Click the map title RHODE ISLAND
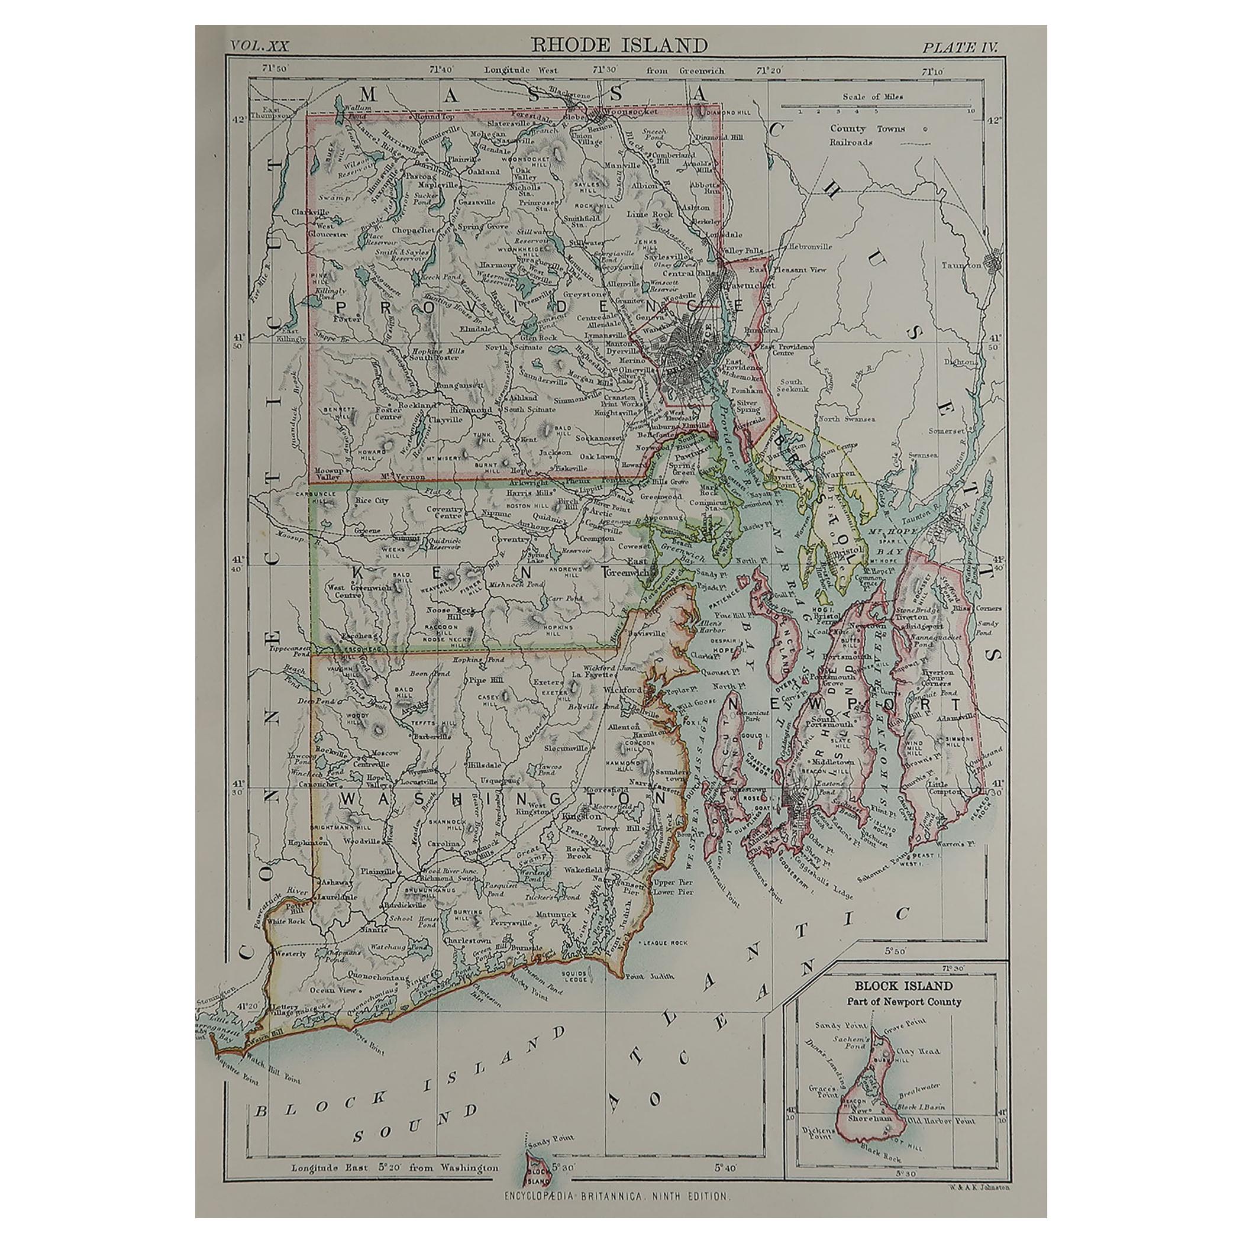(x=618, y=45)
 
